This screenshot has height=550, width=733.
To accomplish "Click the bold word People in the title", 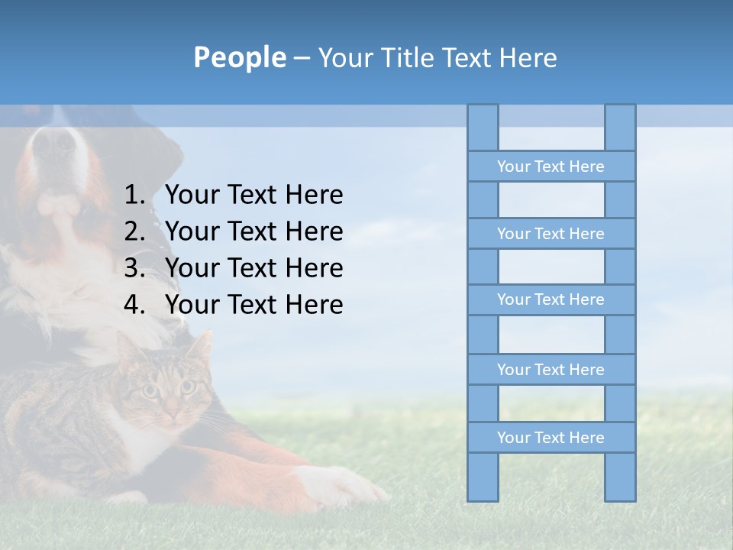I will tap(239, 57).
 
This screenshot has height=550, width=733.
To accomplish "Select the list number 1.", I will tap(134, 196).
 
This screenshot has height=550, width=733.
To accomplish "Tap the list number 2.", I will tap(134, 231).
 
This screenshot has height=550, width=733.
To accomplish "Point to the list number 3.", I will tap(134, 268).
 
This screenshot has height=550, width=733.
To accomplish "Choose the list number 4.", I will tap(134, 305).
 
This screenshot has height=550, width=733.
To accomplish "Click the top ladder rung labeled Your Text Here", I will tap(551, 167).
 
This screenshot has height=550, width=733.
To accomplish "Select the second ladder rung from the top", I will tap(551, 234).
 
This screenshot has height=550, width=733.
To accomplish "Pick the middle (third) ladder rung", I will tap(551, 299).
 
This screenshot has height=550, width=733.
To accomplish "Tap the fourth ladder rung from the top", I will tap(551, 370).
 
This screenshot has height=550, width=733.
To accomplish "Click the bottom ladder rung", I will tap(551, 438).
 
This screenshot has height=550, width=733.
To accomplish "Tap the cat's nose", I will tap(170, 411).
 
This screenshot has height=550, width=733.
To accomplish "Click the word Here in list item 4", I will tap(314, 305).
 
